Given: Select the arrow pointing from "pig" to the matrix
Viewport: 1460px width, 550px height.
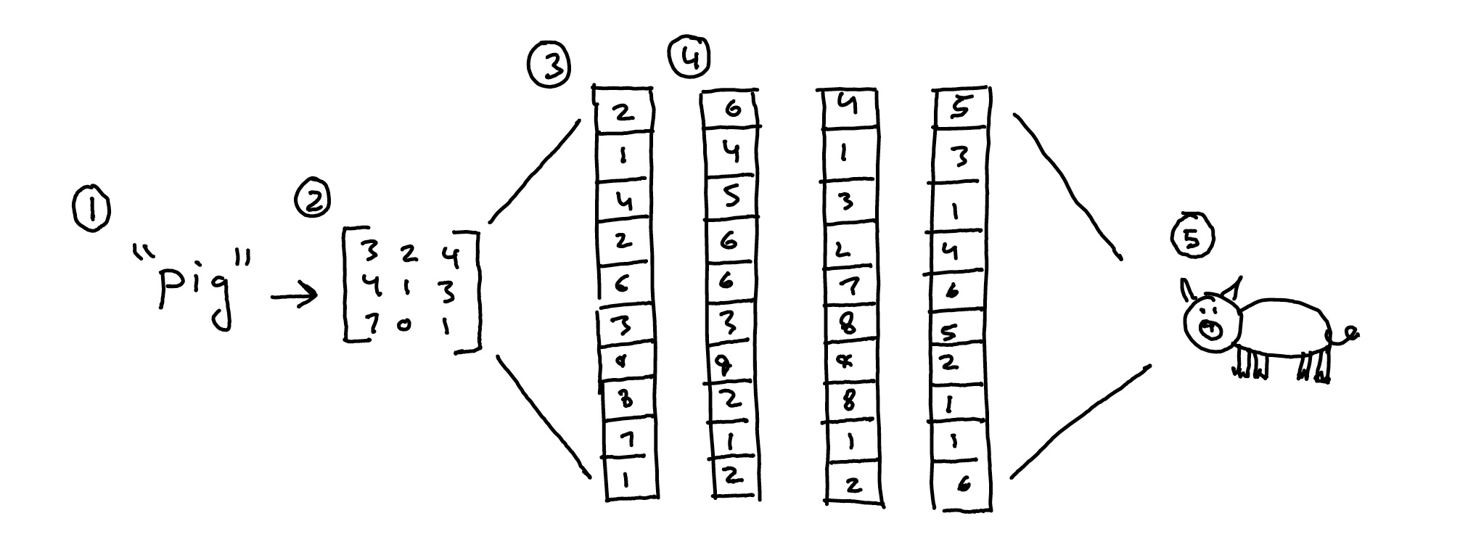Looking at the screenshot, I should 294,295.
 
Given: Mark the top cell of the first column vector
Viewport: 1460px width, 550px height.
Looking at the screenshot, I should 623,111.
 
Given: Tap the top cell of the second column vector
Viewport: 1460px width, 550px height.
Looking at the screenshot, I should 731,110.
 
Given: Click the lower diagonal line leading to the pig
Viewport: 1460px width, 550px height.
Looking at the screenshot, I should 1079,422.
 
